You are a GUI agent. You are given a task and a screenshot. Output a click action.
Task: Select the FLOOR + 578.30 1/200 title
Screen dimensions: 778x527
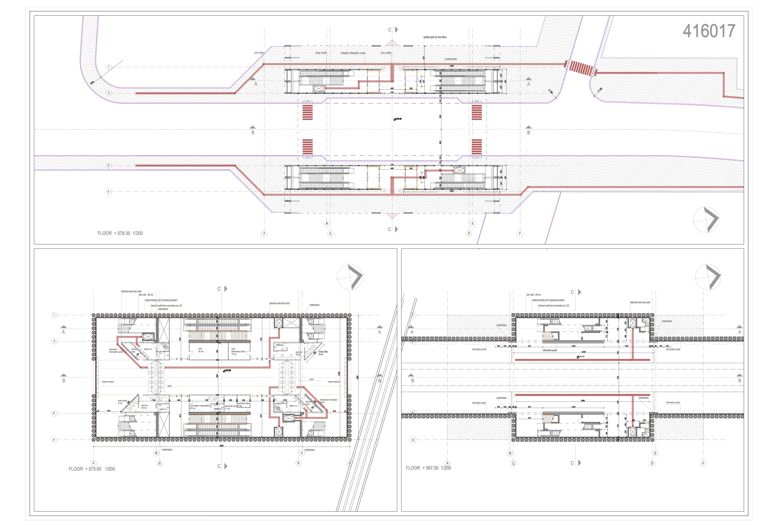click(x=120, y=233)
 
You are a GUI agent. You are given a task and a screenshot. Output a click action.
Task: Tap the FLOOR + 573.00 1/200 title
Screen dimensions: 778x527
click(x=91, y=469)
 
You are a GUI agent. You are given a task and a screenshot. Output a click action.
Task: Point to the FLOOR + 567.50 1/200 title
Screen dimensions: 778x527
click(x=428, y=468)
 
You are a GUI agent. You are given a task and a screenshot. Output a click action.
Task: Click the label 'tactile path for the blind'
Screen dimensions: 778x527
click(x=435, y=37)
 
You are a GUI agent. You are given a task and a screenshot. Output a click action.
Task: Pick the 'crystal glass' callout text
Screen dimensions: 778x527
click(x=451, y=59)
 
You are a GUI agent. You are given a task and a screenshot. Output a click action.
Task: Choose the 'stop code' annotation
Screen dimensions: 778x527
click(x=321, y=53)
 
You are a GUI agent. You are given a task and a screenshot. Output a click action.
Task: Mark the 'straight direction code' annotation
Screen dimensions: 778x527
click(x=353, y=53)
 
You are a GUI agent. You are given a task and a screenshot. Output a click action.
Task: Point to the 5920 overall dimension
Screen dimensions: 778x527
click(x=221, y=446)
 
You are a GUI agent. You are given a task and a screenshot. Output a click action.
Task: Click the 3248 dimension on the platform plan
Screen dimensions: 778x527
click(x=583, y=352)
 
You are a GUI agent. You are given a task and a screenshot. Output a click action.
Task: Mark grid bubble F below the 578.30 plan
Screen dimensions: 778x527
click(x=520, y=234)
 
